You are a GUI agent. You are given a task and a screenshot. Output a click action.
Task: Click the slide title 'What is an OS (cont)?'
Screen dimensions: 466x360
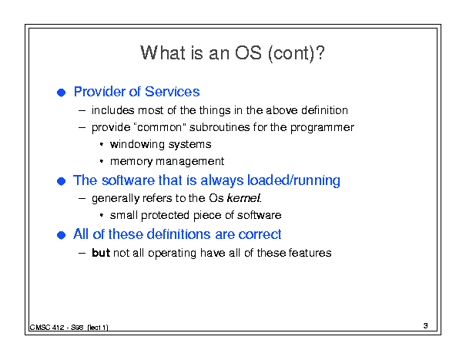click(x=233, y=53)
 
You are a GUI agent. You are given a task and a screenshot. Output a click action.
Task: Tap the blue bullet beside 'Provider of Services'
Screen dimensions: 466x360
click(x=61, y=93)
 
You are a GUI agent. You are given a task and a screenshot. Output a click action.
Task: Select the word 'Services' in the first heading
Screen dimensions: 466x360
click(x=173, y=92)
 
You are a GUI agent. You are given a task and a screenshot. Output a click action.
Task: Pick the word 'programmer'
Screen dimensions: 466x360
click(x=322, y=128)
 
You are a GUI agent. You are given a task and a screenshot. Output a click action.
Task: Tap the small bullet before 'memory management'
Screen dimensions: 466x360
click(x=102, y=161)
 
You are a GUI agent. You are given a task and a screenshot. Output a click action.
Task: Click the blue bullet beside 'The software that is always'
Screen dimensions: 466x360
click(x=61, y=181)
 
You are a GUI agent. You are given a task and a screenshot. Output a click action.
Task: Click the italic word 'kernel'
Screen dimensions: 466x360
click(x=243, y=198)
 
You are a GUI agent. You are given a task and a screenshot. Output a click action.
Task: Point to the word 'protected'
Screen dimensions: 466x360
click(x=166, y=215)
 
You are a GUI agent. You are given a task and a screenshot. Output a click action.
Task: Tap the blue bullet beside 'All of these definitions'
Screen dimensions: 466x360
click(x=61, y=235)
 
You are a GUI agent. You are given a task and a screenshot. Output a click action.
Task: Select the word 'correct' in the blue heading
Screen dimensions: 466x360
click(x=260, y=234)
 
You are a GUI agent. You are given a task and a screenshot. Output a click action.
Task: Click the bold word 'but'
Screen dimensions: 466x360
click(x=101, y=253)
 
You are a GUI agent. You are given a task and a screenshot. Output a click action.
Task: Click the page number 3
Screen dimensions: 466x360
click(x=426, y=326)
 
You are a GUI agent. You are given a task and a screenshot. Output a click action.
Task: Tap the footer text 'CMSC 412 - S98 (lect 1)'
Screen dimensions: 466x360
click(x=69, y=328)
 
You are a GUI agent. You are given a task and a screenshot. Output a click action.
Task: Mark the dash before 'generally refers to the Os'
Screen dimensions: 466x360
click(x=82, y=198)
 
